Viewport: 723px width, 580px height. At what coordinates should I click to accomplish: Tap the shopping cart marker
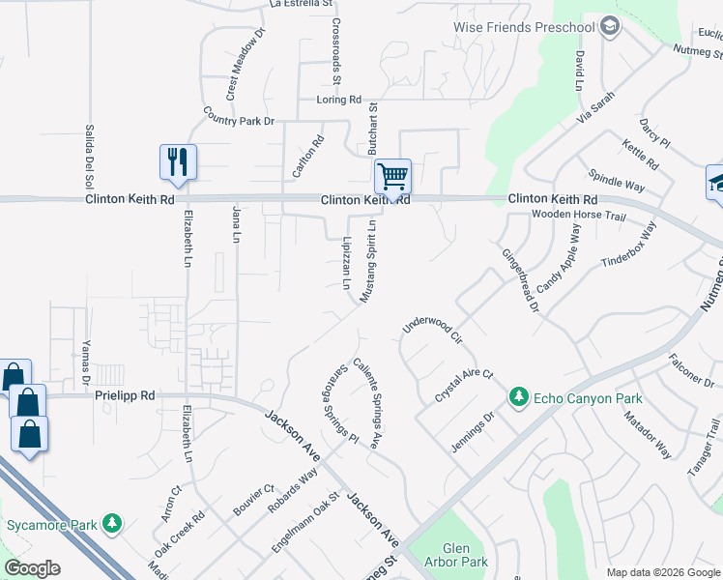coord(392,176)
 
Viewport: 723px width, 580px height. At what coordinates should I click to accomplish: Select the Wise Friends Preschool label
coord(524,26)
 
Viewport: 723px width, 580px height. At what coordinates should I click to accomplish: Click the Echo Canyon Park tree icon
coord(519,397)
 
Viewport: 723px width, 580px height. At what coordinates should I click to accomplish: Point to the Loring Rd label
coord(338,100)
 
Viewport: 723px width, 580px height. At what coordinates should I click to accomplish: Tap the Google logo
coord(32,568)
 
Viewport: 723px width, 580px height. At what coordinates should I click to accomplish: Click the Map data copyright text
coord(663,572)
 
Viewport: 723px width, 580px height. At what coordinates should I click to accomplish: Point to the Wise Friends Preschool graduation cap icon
coord(609,26)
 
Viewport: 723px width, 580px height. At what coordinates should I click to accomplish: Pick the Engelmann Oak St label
coord(306,522)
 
